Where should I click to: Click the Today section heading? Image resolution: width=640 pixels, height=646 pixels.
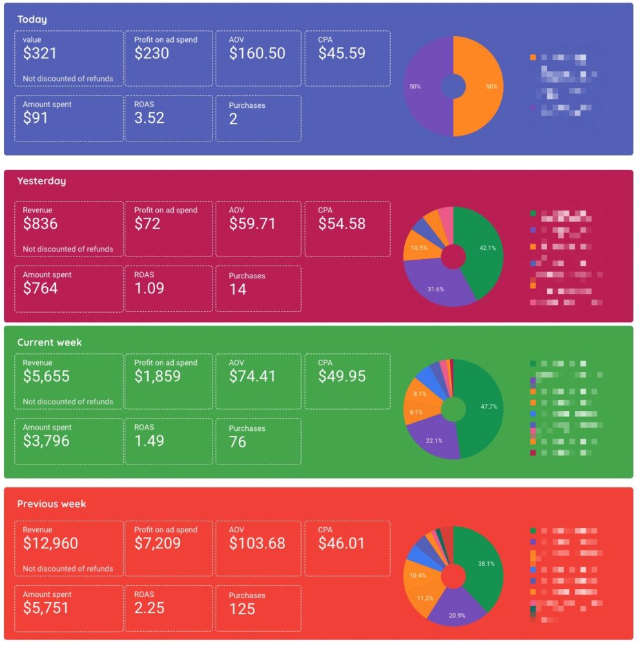[32, 19]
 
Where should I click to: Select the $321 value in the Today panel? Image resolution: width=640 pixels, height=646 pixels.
[40, 54]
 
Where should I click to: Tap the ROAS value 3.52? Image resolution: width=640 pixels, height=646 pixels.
[149, 118]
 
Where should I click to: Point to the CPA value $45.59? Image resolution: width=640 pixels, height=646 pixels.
[342, 54]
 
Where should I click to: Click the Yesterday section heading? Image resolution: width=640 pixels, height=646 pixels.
[41, 181]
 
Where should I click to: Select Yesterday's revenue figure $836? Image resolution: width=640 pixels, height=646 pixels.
[40, 224]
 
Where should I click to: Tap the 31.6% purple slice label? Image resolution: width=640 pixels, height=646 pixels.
[437, 289]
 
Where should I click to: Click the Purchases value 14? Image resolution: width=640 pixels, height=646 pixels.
[238, 289]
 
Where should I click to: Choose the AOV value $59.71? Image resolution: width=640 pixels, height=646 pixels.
[252, 224]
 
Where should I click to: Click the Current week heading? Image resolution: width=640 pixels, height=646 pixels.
[49, 342]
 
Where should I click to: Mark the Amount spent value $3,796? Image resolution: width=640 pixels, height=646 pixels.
[46, 441]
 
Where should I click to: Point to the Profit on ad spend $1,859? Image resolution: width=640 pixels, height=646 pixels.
[158, 377]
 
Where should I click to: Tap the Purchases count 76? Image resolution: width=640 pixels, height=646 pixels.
[238, 441]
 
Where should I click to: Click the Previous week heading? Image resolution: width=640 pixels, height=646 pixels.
[52, 504]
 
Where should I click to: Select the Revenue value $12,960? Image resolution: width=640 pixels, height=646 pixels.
[50, 544]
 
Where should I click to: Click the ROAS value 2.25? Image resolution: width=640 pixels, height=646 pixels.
[149, 609]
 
